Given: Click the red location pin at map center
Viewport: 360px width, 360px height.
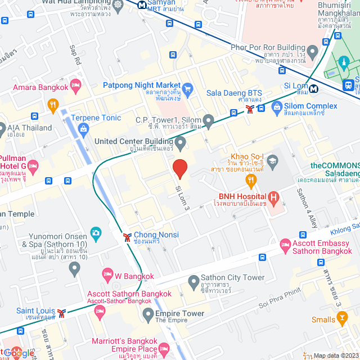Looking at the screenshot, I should click(x=179, y=168).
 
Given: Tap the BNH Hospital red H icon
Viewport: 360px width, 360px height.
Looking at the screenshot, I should click(x=273, y=197).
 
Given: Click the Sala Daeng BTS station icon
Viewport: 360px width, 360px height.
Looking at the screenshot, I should click(x=249, y=109).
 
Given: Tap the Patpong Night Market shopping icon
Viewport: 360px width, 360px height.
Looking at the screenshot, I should click(x=188, y=88).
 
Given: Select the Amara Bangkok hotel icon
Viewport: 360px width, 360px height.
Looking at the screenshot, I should click(x=76, y=85).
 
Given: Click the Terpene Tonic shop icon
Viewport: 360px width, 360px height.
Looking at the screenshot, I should click(x=83, y=129).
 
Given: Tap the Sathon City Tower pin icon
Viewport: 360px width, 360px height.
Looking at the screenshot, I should click(x=193, y=280).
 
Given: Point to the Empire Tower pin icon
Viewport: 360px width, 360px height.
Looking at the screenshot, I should click(x=148, y=314).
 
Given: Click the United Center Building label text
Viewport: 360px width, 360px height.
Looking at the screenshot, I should click(x=134, y=141).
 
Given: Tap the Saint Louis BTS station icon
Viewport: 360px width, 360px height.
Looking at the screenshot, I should click(x=61, y=312).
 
